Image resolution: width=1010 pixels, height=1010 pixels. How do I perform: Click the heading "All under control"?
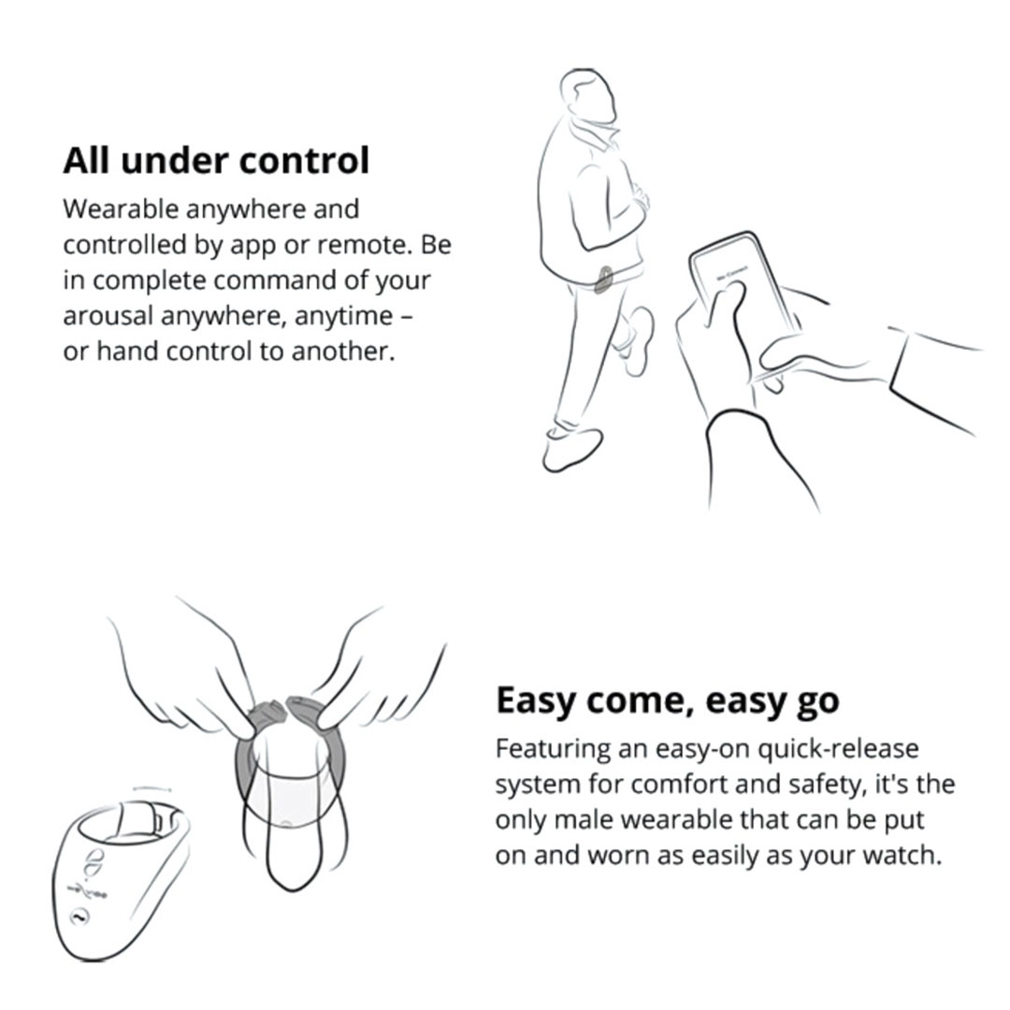click(x=216, y=161)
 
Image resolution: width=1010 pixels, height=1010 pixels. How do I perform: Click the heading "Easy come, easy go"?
click(x=668, y=701)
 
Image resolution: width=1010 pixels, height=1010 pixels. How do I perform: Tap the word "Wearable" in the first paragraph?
click(x=121, y=209)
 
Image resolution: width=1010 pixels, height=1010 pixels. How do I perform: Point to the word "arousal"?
click(x=108, y=316)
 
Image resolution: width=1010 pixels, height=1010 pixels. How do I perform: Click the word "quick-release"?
click(x=838, y=748)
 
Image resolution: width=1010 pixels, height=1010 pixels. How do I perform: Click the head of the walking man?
click(x=587, y=94)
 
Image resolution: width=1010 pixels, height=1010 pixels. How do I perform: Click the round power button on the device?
click(x=79, y=916)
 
